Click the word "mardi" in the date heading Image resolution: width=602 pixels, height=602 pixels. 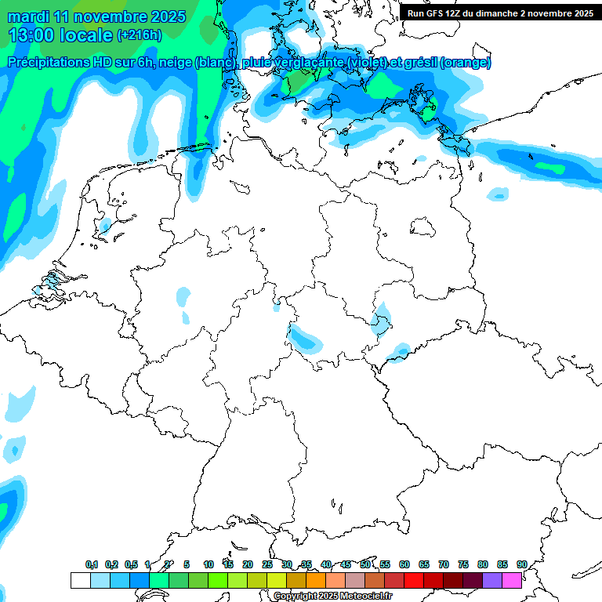29,16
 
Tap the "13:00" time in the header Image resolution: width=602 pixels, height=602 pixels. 31,35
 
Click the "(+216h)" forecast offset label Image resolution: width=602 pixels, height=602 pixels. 139,35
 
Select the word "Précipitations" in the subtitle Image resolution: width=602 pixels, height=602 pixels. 53,63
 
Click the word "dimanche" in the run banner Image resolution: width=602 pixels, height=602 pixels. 493,13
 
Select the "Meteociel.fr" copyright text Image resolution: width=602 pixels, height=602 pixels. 360,597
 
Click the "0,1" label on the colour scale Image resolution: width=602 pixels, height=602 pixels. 92,564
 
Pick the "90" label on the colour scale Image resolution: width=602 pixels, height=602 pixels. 522,564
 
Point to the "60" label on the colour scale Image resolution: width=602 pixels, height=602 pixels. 404,564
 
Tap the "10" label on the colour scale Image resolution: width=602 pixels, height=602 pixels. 209,564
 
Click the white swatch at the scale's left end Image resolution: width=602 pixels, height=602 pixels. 80,580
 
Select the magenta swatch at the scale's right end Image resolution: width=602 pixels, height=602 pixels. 512,580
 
